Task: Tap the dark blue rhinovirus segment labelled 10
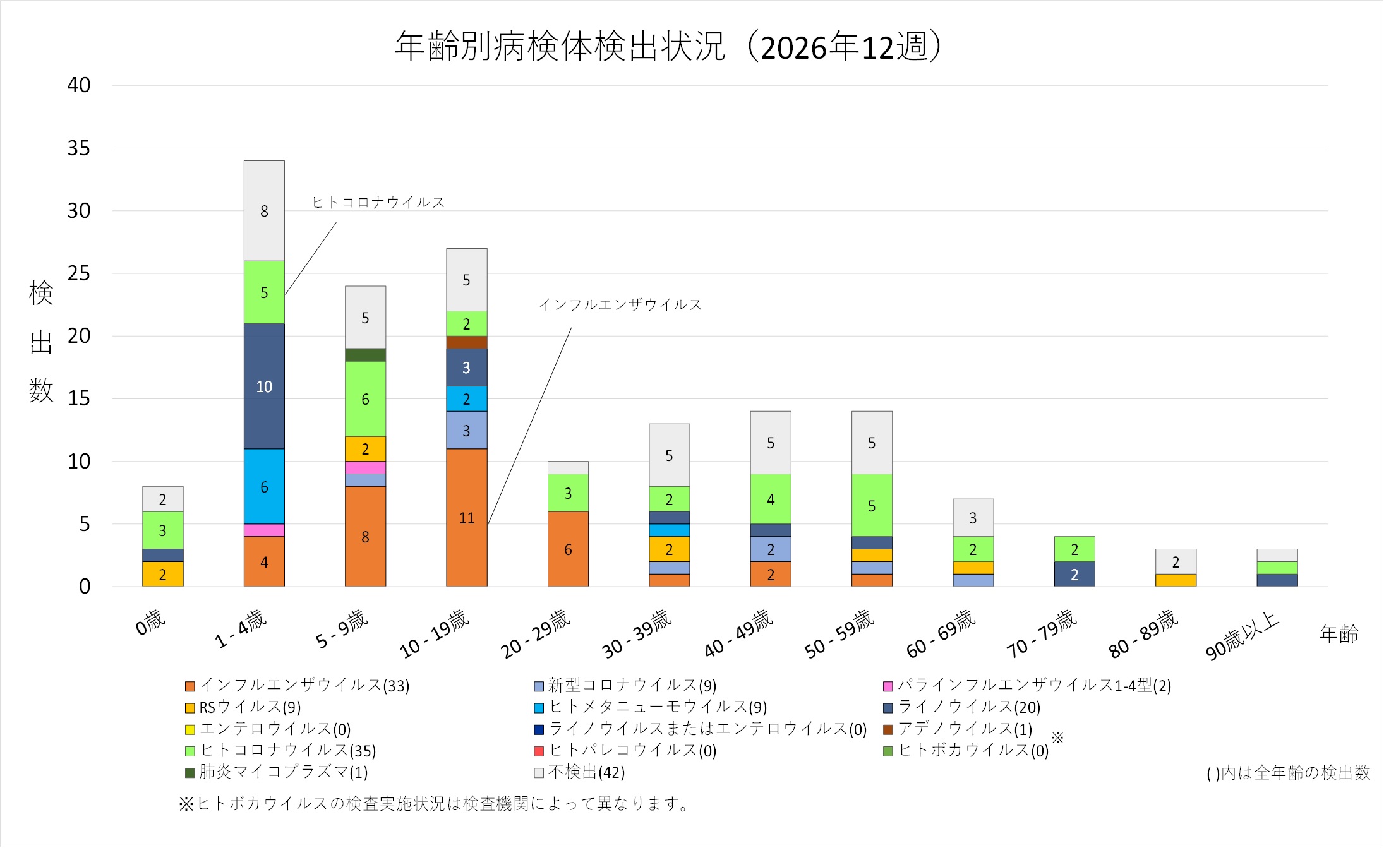(264, 386)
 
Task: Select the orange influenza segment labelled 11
(466, 518)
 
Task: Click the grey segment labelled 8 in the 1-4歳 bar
(264, 211)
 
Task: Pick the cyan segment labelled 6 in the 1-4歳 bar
(264, 487)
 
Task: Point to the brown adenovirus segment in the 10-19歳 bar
(466, 342)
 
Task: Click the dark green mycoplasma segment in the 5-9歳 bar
(365, 355)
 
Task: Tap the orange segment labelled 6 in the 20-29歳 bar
(568, 549)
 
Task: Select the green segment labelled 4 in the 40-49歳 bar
(771, 499)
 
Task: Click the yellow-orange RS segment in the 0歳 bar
(163, 574)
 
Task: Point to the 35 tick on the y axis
(79, 148)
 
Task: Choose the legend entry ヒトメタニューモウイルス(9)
(657, 707)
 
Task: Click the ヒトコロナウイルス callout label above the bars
(378, 203)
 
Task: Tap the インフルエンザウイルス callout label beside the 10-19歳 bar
(620, 305)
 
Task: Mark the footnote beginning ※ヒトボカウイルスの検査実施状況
(434, 804)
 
